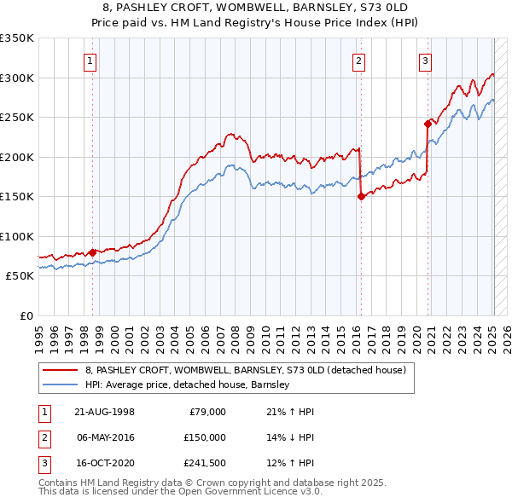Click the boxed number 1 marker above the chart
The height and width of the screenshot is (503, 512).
click(90, 61)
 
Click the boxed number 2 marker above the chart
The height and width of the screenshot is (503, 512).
click(358, 61)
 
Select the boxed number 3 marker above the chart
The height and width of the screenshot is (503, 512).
click(425, 61)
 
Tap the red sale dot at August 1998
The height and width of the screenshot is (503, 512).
click(92, 252)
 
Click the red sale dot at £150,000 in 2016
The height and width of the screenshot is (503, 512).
click(361, 196)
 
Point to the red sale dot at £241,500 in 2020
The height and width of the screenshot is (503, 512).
click(428, 123)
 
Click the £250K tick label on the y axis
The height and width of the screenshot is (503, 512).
click(17, 118)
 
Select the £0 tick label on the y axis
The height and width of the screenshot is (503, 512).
click(26, 316)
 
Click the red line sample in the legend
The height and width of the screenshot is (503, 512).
click(60, 370)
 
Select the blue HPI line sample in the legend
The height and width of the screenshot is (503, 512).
click(60, 384)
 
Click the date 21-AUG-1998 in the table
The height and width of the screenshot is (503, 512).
click(104, 412)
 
